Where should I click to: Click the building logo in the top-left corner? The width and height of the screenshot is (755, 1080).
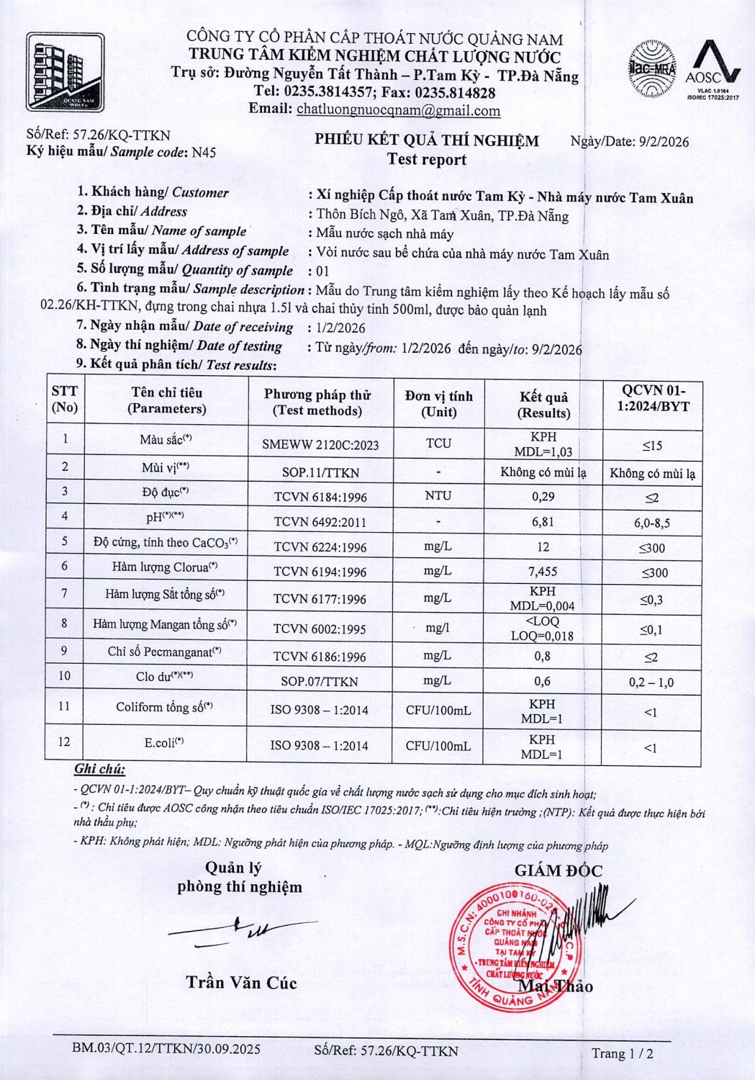click(65, 72)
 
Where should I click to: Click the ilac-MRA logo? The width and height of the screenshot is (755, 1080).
click(653, 69)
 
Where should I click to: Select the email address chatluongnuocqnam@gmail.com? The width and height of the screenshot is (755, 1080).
click(398, 111)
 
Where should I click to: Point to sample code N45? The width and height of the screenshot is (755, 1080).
click(204, 153)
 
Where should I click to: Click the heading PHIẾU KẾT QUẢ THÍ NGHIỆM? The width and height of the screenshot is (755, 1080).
click(427, 140)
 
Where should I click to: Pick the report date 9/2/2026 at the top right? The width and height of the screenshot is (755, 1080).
click(664, 142)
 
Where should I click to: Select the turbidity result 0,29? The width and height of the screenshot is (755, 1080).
click(543, 496)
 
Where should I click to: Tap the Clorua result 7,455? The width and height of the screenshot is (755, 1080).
click(543, 571)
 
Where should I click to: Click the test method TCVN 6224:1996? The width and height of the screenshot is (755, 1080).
click(320, 547)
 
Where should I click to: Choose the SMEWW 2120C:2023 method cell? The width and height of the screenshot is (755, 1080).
click(320, 445)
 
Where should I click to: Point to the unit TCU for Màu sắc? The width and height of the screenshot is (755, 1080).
click(438, 443)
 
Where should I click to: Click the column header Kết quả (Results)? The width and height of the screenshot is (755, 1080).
click(543, 405)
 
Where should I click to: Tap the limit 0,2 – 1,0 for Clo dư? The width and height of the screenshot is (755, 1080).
click(651, 683)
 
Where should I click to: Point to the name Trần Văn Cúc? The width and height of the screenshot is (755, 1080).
click(241, 983)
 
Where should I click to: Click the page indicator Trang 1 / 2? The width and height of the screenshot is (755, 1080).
click(623, 1053)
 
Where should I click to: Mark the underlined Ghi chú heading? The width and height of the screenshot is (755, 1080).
click(99, 769)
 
